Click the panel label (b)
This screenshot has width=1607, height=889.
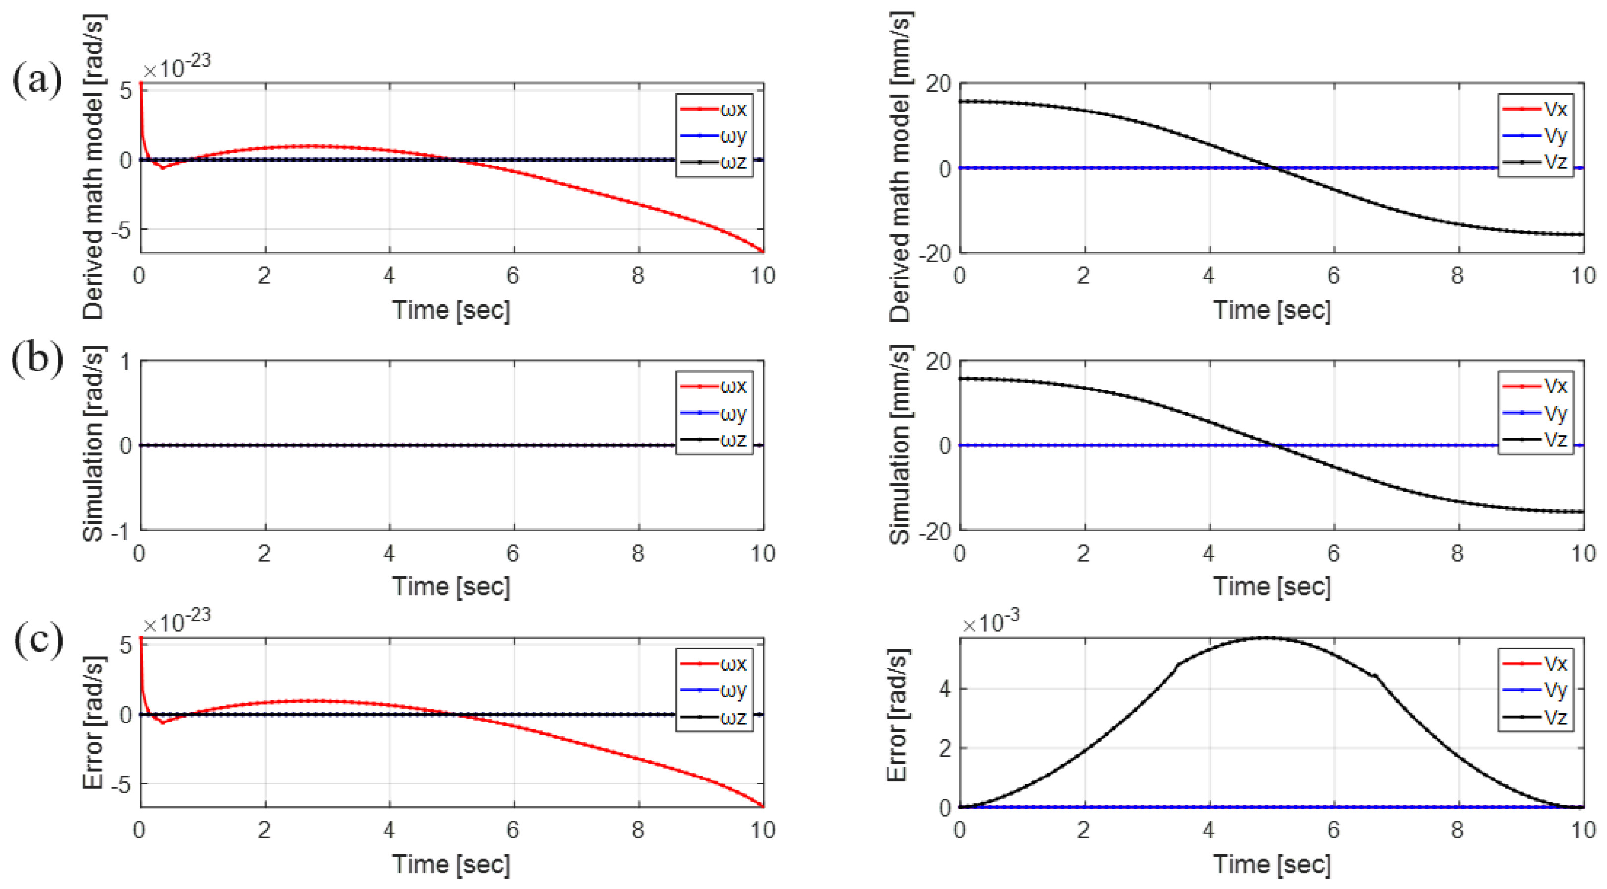click(38, 359)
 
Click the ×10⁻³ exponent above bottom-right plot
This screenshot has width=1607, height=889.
click(991, 622)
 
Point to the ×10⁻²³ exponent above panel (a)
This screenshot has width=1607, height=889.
click(176, 65)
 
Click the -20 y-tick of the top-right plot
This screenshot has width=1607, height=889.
click(938, 253)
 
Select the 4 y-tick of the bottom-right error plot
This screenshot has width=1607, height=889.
click(945, 689)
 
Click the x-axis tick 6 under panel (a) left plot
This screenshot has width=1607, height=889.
click(513, 275)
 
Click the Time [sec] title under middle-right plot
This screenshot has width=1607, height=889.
click(1272, 586)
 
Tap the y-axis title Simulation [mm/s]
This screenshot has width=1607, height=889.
click(900, 445)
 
